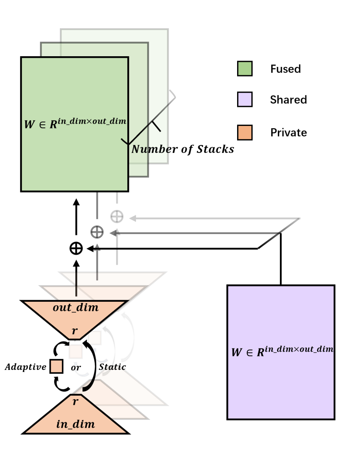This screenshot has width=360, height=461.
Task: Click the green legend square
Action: tap(245, 69)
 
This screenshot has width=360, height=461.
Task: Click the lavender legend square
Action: tap(245, 99)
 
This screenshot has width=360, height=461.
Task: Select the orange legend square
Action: tap(245, 133)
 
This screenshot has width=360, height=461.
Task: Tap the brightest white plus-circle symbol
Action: tap(117, 217)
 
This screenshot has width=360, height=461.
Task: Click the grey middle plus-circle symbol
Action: tap(97, 232)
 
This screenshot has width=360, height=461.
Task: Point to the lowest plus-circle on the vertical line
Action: tap(76, 248)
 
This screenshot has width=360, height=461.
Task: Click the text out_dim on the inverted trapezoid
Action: tap(76, 308)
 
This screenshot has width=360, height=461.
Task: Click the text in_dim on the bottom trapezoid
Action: tap(76, 425)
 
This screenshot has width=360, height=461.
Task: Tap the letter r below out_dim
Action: tap(75, 331)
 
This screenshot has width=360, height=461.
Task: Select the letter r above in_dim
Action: tap(75, 402)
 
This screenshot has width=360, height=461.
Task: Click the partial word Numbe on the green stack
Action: tap(149, 149)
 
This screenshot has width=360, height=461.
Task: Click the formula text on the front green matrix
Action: tap(75, 123)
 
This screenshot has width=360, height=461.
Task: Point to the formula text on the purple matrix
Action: tap(282, 351)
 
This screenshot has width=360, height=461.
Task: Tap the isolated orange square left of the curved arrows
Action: tap(56, 366)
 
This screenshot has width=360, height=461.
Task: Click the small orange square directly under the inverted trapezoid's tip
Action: tap(76, 352)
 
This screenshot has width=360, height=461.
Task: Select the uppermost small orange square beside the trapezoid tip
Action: tap(95, 338)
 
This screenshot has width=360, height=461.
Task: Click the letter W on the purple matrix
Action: tap(237, 353)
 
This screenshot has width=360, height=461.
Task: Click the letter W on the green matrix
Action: tap(29, 125)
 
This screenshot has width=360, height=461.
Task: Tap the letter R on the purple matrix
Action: tap(260, 353)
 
